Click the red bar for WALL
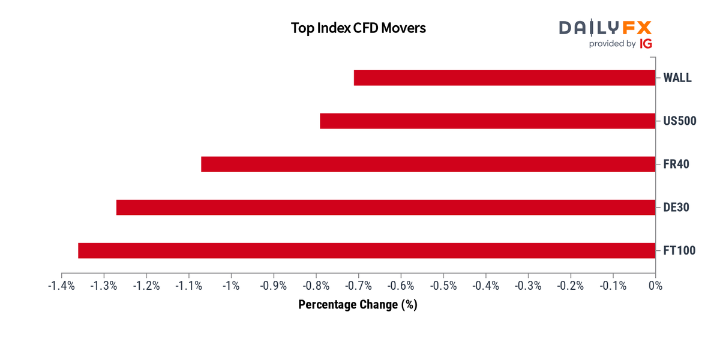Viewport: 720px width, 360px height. pyautogui.click(x=505, y=78)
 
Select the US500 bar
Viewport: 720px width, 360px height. pyautogui.click(x=488, y=121)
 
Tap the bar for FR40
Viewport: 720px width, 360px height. pyautogui.click(x=428, y=164)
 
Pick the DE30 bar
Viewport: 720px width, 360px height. pyautogui.click(x=386, y=208)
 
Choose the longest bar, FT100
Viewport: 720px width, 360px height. pyautogui.click(x=367, y=250)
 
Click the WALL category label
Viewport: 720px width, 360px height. pyautogui.click(x=677, y=78)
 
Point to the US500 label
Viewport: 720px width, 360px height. pyautogui.click(x=680, y=121)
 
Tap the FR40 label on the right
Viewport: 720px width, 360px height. pyautogui.click(x=676, y=164)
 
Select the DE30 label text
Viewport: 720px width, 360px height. pyautogui.click(x=676, y=208)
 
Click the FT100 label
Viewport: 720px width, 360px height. pyautogui.click(x=679, y=250)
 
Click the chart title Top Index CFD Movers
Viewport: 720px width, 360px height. pyautogui.click(x=358, y=28)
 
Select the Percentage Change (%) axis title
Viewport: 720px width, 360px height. pyautogui.click(x=358, y=304)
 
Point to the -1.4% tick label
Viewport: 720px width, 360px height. pyautogui.click(x=61, y=286)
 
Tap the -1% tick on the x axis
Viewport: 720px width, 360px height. pyautogui.click(x=231, y=286)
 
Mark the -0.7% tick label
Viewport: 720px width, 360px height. pyautogui.click(x=358, y=286)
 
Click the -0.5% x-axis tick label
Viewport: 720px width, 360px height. pyautogui.click(x=443, y=286)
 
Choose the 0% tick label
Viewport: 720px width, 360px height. pyautogui.click(x=655, y=286)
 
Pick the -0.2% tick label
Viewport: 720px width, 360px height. pyautogui.click(x=571, y=286)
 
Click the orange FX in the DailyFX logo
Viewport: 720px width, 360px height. pyautogui.click(x=637, y=28)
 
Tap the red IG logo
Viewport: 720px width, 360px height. pyautogui.click(x=646, y=43)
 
